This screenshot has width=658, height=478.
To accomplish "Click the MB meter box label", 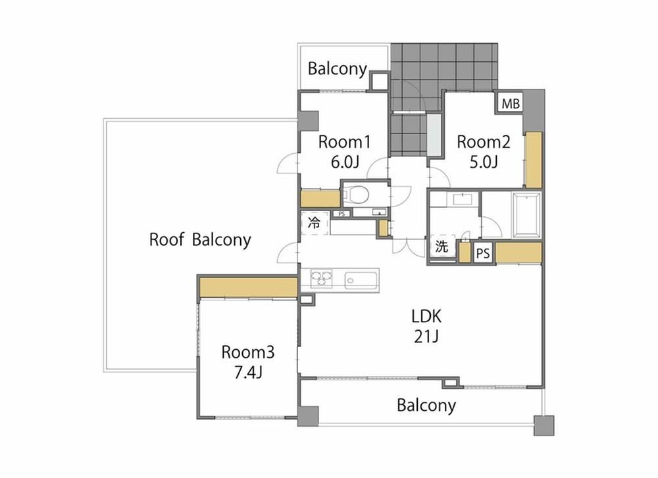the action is [x=511, y=103].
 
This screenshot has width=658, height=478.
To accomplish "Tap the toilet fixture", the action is [x=356, y=195].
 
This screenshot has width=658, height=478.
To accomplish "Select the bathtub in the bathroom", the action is [x=526, y=215].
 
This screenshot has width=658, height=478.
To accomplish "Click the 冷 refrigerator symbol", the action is [x=315, y=223].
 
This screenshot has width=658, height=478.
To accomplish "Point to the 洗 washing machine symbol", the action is [x=442, y=247].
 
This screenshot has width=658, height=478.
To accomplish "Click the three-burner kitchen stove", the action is [x=321, y=278].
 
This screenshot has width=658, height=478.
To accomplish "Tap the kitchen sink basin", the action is [x=361, y=280].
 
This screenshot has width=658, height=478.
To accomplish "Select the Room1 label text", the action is [x=345, y=142].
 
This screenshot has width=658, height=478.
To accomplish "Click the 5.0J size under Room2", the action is [x=484, y=162].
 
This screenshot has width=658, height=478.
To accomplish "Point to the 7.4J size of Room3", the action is [x=248, y=372].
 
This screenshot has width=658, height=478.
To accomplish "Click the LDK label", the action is [x=426, y=316].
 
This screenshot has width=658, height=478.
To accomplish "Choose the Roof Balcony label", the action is [x=200, y=240].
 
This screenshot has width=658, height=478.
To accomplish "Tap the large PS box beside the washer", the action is [x=483, y=253].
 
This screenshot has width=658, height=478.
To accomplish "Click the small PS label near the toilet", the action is [x=342, y=214].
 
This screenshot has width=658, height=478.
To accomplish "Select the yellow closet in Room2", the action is [x=534, y=160].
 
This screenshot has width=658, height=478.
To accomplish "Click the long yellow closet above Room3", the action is [x=249, y=287].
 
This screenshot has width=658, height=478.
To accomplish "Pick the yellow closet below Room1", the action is [x=320, y=199].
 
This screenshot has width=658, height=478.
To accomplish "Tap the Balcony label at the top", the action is [x=338, y=69].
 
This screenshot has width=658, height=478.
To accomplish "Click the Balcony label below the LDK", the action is [x=426, y=406].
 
